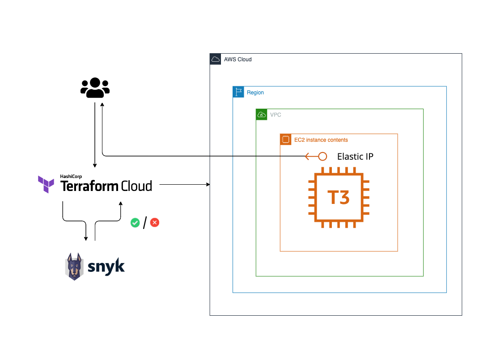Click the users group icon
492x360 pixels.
coord(95,88)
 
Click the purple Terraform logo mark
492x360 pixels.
coord(46,184)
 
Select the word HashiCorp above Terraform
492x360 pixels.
coord(71,177)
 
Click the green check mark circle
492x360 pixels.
coord(135,222)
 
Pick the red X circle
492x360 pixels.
coord(155,222)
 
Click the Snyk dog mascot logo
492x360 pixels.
coord(75,267)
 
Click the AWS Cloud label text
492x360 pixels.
coord(238,59)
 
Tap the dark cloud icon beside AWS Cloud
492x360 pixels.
coord(215,59)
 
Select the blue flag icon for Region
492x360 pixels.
coord(238,92)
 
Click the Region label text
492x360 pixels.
coord(255,93)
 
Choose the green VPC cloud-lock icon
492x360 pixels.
coord(261,114)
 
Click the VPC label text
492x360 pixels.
coord(276,115)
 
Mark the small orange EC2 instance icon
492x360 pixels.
coord(285,140)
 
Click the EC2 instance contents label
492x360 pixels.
coord(321,140)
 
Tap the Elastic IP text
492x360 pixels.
coord(355,157)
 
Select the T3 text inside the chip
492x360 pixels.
coord(338,197)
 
